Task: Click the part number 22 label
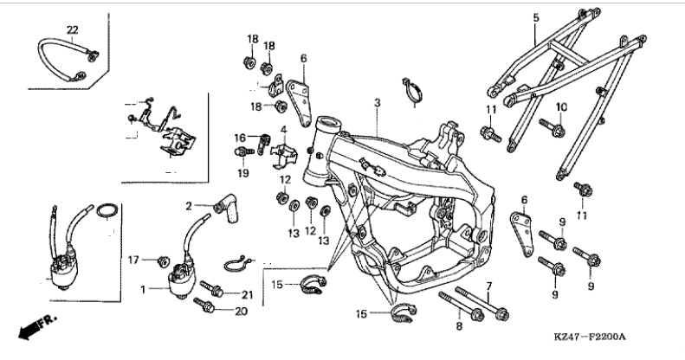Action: coord(73,30)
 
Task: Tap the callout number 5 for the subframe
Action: coord(536,18)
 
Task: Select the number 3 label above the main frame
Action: coord(377,103)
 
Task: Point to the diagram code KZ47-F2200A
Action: coord(590,337)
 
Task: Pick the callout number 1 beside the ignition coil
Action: coord(143,289)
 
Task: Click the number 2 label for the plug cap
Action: coord(189,206)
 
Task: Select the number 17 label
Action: coord(133,260)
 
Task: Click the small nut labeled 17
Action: coord(163,261)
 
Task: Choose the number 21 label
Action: coord(248,295)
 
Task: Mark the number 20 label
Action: coord(241,312)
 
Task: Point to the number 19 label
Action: coord(243,173)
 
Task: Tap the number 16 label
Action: coord(240,138)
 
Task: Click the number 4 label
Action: coord(284,130)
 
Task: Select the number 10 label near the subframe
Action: coord(561,106)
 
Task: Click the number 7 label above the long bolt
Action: coord(488,286)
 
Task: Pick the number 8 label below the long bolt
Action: coord(459,325)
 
